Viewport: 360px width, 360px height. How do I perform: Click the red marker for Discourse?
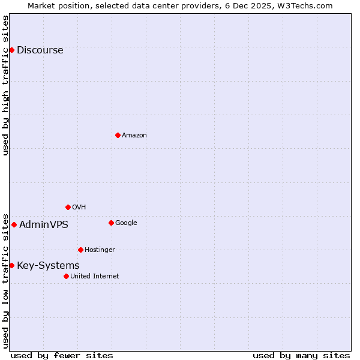click(x=11, y=50)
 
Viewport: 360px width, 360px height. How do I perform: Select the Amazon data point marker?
click(x=118, y=135)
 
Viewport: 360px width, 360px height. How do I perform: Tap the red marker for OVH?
click(x=68, y=207)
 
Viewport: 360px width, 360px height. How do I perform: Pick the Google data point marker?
click(x=111, y=223)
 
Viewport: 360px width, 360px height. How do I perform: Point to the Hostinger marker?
click(x=80, y=250)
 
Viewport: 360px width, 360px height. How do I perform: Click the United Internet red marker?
click(x=66, y=276)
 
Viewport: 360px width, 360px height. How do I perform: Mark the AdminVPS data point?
click(x=14, y=224)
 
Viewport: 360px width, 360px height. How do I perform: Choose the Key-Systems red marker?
click(x=11, y=265)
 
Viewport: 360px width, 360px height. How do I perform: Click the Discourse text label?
click(x=40, y=50)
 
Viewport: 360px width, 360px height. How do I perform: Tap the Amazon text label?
click(x=134, y=135)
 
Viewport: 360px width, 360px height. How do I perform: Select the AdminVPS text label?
click(x=43, y=224)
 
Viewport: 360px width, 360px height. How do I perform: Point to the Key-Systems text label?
click(x=48, y=265)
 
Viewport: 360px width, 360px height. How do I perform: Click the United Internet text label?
click(x=94, y=276)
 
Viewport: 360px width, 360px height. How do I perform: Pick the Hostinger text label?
click(x=100, y=250)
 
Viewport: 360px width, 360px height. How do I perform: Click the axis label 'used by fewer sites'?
click(x=62, y=355)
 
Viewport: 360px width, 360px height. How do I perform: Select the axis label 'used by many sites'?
click(x=301, y=355)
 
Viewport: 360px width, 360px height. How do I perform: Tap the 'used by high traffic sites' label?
click(x=5, y=85)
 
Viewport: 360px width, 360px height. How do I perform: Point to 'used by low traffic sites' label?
click(x=5, y=280)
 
